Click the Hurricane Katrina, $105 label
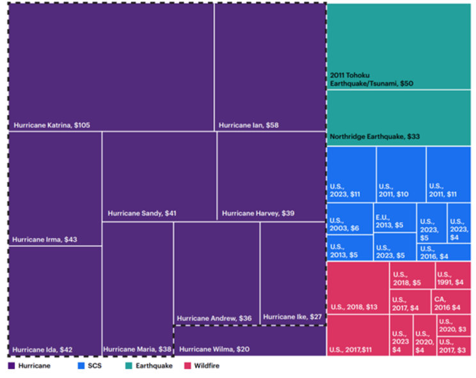[x=52, y=125]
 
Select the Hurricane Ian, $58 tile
[x=270, y=67]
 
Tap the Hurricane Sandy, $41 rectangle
[x=159, y=176]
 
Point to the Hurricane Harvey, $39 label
[x=258, y=213]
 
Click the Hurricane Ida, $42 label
[x=42, y=350]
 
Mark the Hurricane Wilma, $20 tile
[x=250, y=341]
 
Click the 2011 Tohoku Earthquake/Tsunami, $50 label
[x=371, y=79]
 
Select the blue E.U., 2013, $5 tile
[x=394, y=217]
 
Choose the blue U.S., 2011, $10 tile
[x=401, y=174]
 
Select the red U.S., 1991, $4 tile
[x=453, y=274]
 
